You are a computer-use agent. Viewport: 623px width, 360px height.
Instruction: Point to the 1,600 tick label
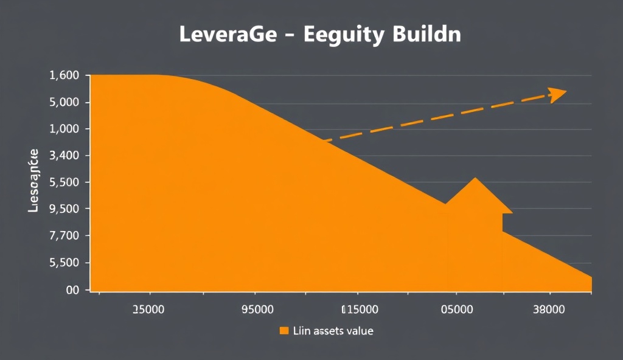[x=63, y=76]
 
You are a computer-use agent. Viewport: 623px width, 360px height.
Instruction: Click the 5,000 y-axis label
[x=63, y=102]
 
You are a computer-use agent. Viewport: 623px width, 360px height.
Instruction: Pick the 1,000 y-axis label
[x=63, y=129]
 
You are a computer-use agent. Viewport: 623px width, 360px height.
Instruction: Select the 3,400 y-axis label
[x=63, y=156]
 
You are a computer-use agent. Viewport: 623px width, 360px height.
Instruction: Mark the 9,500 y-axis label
[x=63, y=209]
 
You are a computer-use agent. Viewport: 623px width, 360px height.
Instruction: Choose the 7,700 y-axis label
[x=63, y=236]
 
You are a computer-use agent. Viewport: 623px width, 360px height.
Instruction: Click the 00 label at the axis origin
[x=73, y=290]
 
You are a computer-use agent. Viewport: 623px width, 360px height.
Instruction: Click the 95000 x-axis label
[x=257, y=309]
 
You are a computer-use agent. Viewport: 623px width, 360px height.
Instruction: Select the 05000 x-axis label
[x=456, y=309]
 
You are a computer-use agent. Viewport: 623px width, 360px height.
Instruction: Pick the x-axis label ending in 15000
[x=360, y=309]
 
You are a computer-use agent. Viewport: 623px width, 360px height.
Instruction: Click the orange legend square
[x=283, y=331]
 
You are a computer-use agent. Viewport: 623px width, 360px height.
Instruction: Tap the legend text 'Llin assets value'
[x=333, y=331]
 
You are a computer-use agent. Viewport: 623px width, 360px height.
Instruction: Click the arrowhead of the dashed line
[x=558, y=94]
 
